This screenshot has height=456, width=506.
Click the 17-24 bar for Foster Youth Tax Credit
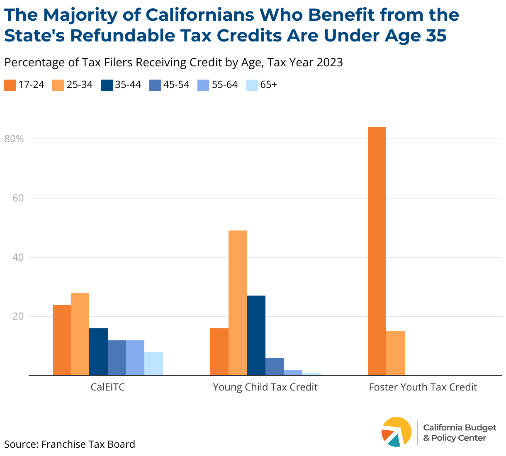click(377, 251)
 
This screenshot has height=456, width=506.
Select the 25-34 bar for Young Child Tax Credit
click(238, 303)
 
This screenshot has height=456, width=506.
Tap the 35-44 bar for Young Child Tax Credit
click(256, 335)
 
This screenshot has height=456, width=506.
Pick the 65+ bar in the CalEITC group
click(153, 364)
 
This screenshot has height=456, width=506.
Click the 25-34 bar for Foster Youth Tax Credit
click(395, 353)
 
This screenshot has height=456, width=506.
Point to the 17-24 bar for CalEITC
click(62, 340)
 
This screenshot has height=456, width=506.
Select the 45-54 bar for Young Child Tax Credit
click(275, 366)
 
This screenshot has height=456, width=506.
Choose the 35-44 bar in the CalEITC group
click(98, 352)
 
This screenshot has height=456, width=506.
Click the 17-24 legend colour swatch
click(10, 85)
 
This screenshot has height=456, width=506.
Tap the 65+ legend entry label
click(269, 85)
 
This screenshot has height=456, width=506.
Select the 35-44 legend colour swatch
click(107, 85)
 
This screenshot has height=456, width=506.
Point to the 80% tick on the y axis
click(14, 139)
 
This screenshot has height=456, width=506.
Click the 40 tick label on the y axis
click(17, 257)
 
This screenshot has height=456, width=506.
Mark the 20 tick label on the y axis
click(17, 316)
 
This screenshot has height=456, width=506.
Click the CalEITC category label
click(108, 387)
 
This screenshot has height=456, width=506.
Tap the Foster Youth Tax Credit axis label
click(423, 387)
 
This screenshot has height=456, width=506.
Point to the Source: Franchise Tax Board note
click(70, 444)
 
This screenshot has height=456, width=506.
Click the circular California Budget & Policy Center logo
click(397, 432)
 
